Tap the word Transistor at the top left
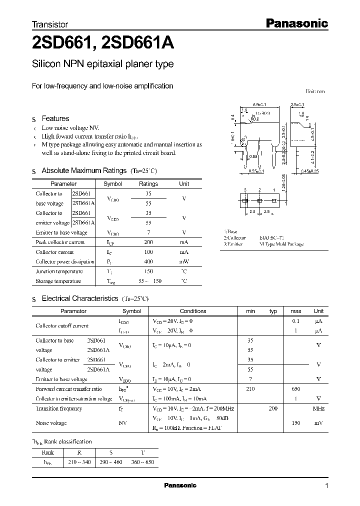click(49, 24)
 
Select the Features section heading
click(55, 118)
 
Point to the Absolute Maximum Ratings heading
click(83, 170)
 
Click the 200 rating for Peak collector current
click(148, 242)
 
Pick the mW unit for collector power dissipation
click(184, 261)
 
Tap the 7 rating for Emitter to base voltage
click(148, 232)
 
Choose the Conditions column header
click(192, 311)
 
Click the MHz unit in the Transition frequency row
click(318, 408)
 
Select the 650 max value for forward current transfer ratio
click(296, 388)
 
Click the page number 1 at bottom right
click(326, 486)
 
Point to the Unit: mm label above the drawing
click(315, 91)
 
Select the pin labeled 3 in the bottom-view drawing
click(245, 190)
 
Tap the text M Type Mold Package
click(281, 244)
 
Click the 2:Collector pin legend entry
click(236, 238)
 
